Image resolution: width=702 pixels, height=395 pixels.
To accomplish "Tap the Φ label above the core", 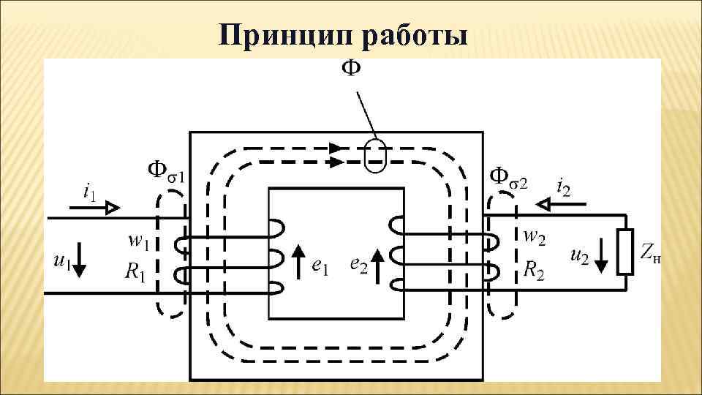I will (x=351, y=69).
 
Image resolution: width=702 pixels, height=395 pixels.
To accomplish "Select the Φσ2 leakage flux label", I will (x=507, y=176).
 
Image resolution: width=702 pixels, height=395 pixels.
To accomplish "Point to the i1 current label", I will (x=88, y=192).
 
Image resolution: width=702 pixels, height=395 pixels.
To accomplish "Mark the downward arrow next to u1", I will (x=80, y=260).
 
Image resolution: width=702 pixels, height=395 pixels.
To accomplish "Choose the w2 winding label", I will (x=533, y=237).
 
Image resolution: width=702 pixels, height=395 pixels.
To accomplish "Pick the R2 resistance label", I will (x=534, y=268).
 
